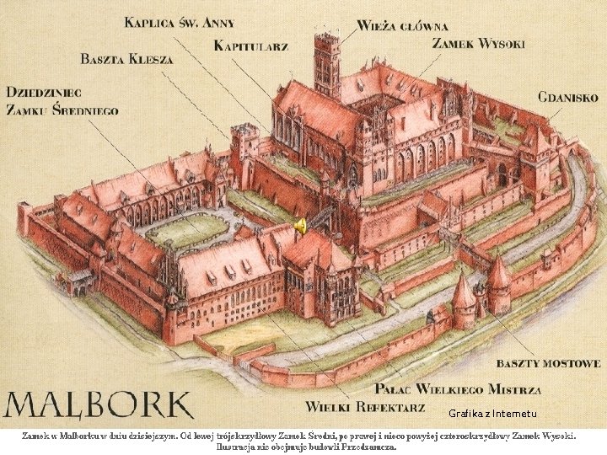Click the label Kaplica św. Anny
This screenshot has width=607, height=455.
click(180, 23)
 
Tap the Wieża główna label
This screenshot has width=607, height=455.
click(402, 26)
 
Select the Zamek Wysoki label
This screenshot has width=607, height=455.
click(478, 43)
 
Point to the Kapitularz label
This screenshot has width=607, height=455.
click(251, 45)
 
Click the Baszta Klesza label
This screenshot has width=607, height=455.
click(126, 59)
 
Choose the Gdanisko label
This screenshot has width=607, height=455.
click(568, 97)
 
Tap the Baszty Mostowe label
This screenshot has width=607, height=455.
click(549, 363)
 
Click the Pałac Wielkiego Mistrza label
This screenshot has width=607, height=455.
click(458, 388)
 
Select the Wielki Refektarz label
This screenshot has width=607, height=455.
click(365, 407)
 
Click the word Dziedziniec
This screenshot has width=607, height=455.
click(43, 92)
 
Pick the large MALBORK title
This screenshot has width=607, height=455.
click(99, 405)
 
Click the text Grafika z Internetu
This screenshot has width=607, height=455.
click(492, 414)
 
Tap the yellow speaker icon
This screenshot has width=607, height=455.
click(300, 226)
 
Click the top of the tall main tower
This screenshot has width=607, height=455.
click(327, 35)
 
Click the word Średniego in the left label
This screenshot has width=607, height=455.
click(89, 110)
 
